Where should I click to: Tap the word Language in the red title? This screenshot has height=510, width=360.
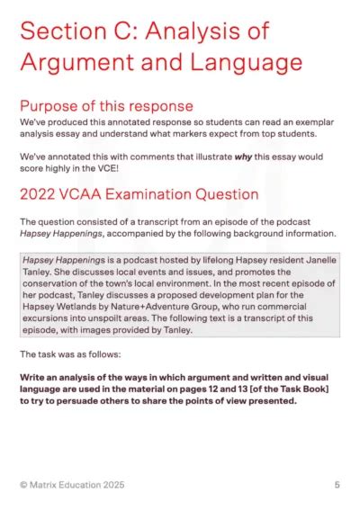(x=245, y=63)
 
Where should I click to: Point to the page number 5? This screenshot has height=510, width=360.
(x=337, y=485)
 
